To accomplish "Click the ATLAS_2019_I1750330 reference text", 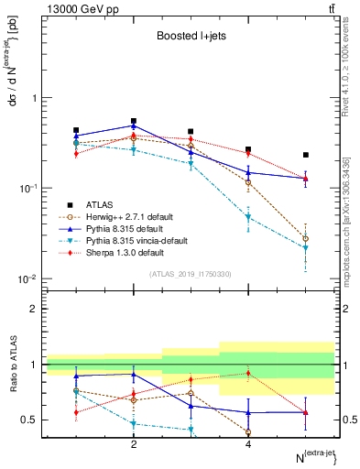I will coord(191,273).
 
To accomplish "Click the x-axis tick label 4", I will coord(248,444).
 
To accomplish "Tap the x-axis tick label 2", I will coord(134,444).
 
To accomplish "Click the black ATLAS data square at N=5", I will coord(306,155).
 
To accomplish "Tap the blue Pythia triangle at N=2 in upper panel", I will coord(134,125).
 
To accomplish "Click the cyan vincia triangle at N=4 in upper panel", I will coord(248,218).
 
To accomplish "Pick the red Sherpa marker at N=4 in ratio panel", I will coord(248,373).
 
